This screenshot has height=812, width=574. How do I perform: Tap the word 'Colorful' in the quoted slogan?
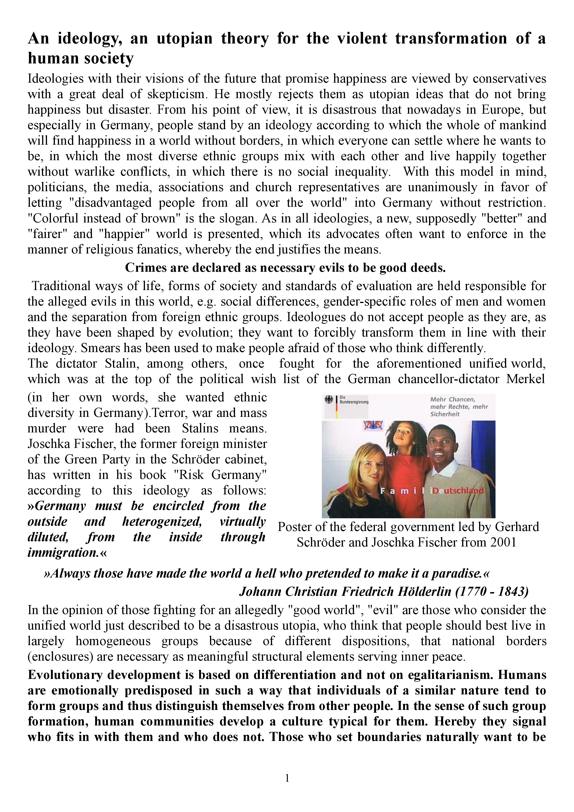(x=53, y=219)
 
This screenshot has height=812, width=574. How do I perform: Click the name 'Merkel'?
(x=526, y=379)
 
